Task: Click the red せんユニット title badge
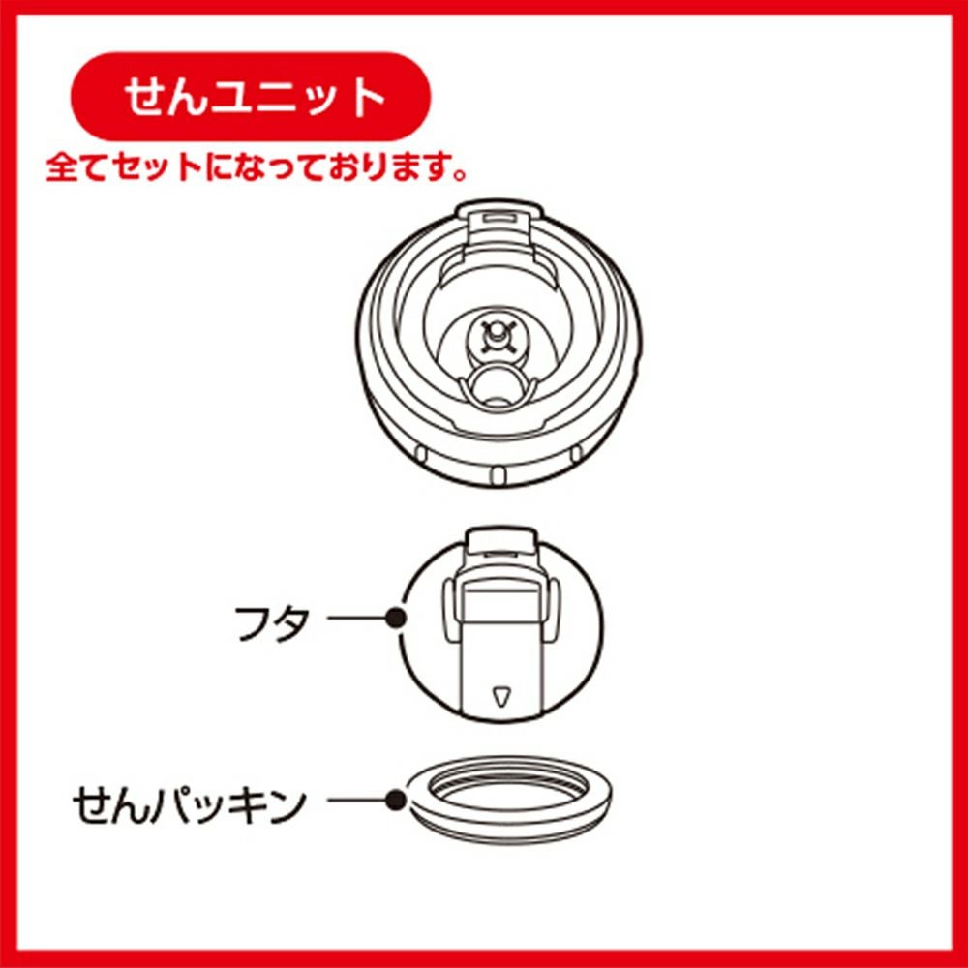(x=251, y=97)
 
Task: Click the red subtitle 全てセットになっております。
(x=257, y=167)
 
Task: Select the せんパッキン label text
(x=190, y=804)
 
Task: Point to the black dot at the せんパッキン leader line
(x=395, y=801)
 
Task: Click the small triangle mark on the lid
(x=500, y=696)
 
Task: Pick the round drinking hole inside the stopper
(x=496, y=387)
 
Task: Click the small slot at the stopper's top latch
(x=499, y=218)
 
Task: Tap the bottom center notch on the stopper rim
(x=499, y=474)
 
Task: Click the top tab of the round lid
(x=500, y=539)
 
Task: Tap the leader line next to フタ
(x=356, y=618)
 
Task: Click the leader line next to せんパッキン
(x=356, y=801)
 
